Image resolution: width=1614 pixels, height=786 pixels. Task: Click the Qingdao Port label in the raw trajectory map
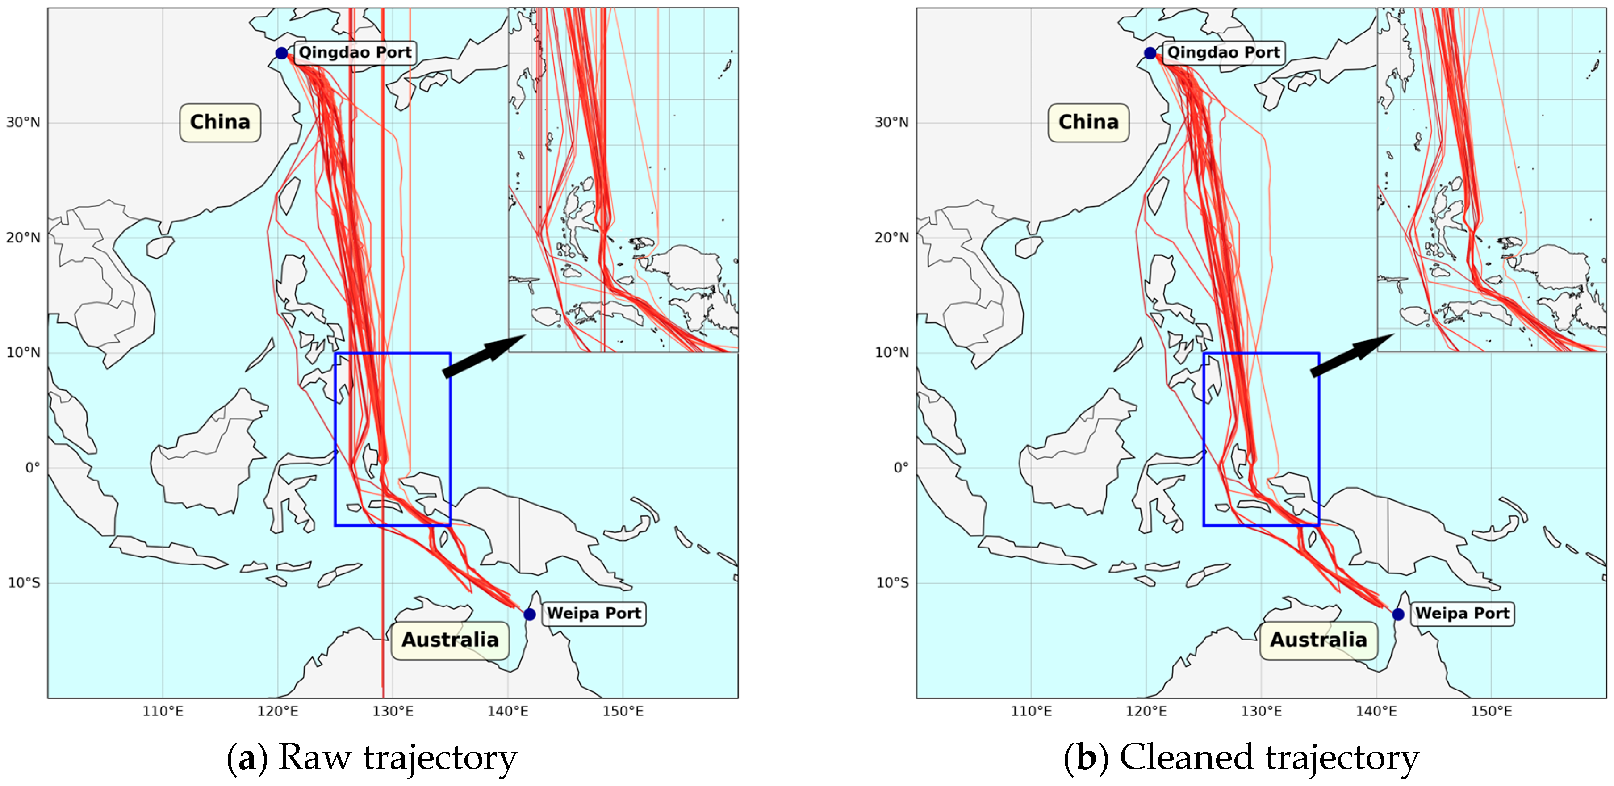[x=355, y=52]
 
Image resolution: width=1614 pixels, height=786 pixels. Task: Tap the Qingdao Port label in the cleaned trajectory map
[x=1223, y=52]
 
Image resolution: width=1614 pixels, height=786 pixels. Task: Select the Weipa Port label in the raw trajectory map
[x=594, y=613]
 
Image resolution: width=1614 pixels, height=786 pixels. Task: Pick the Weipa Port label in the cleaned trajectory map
[x=1462, y=613]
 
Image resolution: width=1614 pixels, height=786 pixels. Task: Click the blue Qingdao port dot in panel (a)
[x=281, y=53]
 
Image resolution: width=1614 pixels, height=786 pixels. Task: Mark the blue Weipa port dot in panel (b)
[x=1398, y=614]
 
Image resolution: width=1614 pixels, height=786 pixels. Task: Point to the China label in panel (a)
[x=220, y=122]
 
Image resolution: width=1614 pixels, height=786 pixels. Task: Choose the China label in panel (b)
[x=1088, y=122]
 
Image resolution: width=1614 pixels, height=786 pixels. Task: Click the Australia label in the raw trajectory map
[x=450, y=640]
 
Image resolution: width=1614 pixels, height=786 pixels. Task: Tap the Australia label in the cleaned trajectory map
[x=1318, y=640]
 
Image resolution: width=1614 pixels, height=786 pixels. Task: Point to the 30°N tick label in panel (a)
[x=23, y=122]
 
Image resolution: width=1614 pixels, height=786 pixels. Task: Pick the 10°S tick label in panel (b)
[x=891, y=583]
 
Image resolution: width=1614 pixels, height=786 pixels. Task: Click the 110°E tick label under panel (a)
[x=163, y=711]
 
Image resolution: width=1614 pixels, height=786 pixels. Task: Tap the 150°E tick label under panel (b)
[x=1491, y=711]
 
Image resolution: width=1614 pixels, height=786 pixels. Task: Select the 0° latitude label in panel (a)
[x=32, y=468]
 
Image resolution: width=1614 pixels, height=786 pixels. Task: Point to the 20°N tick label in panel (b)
[x=891, y=238]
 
